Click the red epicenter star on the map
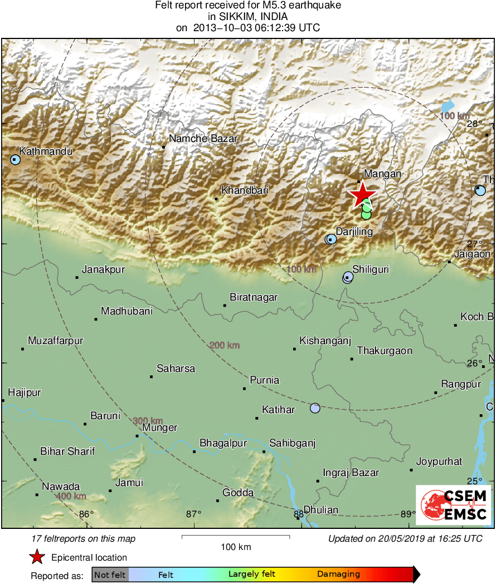pyautogui.click(x=362, y=194)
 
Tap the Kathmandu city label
pyautogui.click(x=46, y=151)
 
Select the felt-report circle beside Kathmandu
pyautogui.click(x=15, y=160)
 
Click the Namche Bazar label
pyautogui.click(x=203, y=139)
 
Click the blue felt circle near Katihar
pyautogui.click(x=315, y=408)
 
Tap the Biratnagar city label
pyautogui.click(x=254, y=297)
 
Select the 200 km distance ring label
pyautogui.click(x=225, y=346)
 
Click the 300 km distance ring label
pyautogui.click(x=148, y=420)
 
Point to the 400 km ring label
pyautogui.click(x=71, y=495)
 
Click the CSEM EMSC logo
pyautogui.click(x=453, y=505)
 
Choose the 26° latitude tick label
pyautogui.click(x=475, y=364)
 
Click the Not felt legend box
pyautogui.click(x=110, y=575)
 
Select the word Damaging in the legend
pyautogui.click(x=338, y=575)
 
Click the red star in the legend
pyautogui.click(x=37, y=557)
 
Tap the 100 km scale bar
pyautogui.click(x=236, y=537)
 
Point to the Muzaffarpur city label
pyautogui.click(x=55, y=341)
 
